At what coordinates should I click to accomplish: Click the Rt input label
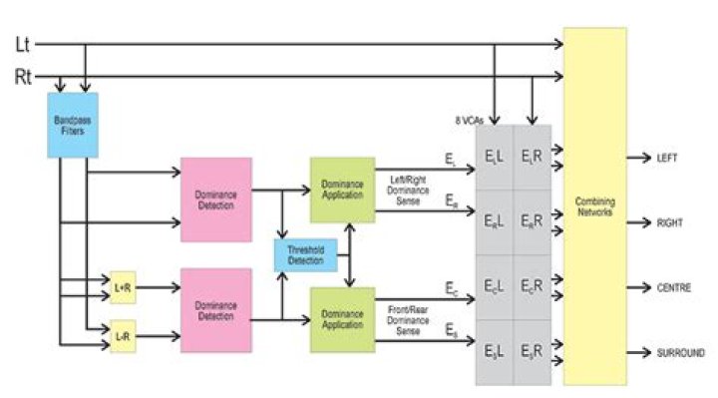point(23,76)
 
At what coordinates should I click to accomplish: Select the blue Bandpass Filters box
point(72,125)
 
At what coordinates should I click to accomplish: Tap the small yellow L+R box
point(123,287)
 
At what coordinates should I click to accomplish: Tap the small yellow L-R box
point(123,337)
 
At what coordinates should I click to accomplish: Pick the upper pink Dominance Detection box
point(215,199)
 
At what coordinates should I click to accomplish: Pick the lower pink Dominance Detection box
point(215,310)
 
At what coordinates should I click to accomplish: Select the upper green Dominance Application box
point(342,189)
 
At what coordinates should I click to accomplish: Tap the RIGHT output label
point(669,222)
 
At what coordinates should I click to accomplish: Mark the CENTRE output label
point(672,287)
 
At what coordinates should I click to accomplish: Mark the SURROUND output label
point(680,352)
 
